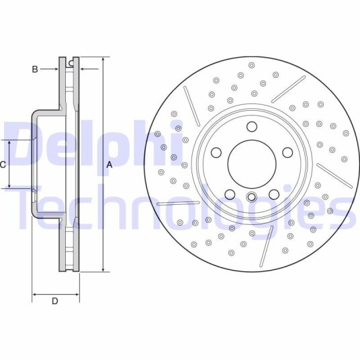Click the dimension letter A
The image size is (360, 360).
click(x=109, y=165)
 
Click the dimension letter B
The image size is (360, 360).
click(x=35, y=69)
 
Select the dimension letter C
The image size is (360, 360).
click(x=3, y=165)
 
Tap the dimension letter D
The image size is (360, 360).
click(x=54, y=301)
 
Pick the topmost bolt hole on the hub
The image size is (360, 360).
click(x=252, y=127)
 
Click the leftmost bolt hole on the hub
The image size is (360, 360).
click(x=216, y=152)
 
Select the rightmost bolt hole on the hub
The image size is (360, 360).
click(x=287, y=152)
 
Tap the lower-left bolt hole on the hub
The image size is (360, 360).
click(x=230, y=195)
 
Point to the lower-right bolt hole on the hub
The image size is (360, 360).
click(x=274, y=195)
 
